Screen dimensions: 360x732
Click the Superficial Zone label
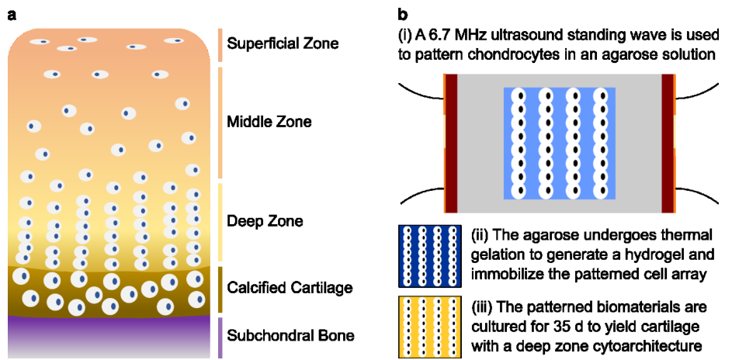[x=283, y=44]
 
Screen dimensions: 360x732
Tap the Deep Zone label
[x=264, y=221]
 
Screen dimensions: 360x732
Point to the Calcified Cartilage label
[x=290, y=288]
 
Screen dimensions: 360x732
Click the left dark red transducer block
[x=452, y=143]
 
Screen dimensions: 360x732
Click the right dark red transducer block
[x=668, y=143]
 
